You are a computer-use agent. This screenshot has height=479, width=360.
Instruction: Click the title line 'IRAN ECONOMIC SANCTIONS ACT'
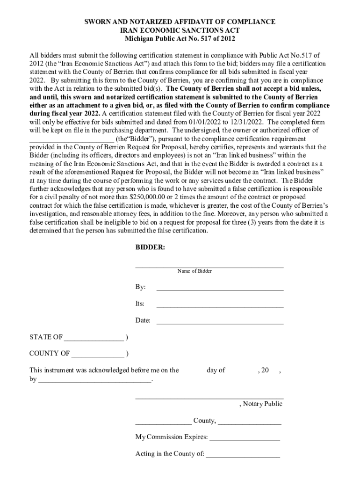pyautogui.click(x=180, y=30)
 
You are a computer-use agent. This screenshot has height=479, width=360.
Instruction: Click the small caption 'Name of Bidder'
pyautogui.click(x=194, y=271)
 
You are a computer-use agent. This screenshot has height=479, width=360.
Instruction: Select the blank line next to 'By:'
pyautogui.click(x=220, y=289)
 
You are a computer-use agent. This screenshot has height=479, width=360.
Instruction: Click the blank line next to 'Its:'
pyautogui.click(x=220, y=305)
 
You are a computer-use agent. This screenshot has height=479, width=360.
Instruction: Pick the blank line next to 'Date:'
pyautogui.click(x=220, y=322)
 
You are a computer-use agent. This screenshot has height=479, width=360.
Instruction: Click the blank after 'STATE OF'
pyautogui.click(x=94, y=340)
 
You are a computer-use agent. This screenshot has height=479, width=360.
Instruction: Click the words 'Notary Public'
pyautogui.click(x=262, y=404)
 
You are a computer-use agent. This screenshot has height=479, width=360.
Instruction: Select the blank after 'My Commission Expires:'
pyautogui.click(x=245, y=439)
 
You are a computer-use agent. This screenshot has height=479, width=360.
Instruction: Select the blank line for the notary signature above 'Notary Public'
pyautogui.click(x=209, y=397)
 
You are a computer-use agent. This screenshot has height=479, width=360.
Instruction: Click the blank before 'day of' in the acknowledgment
pyautogui.click(x=193, y=372)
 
